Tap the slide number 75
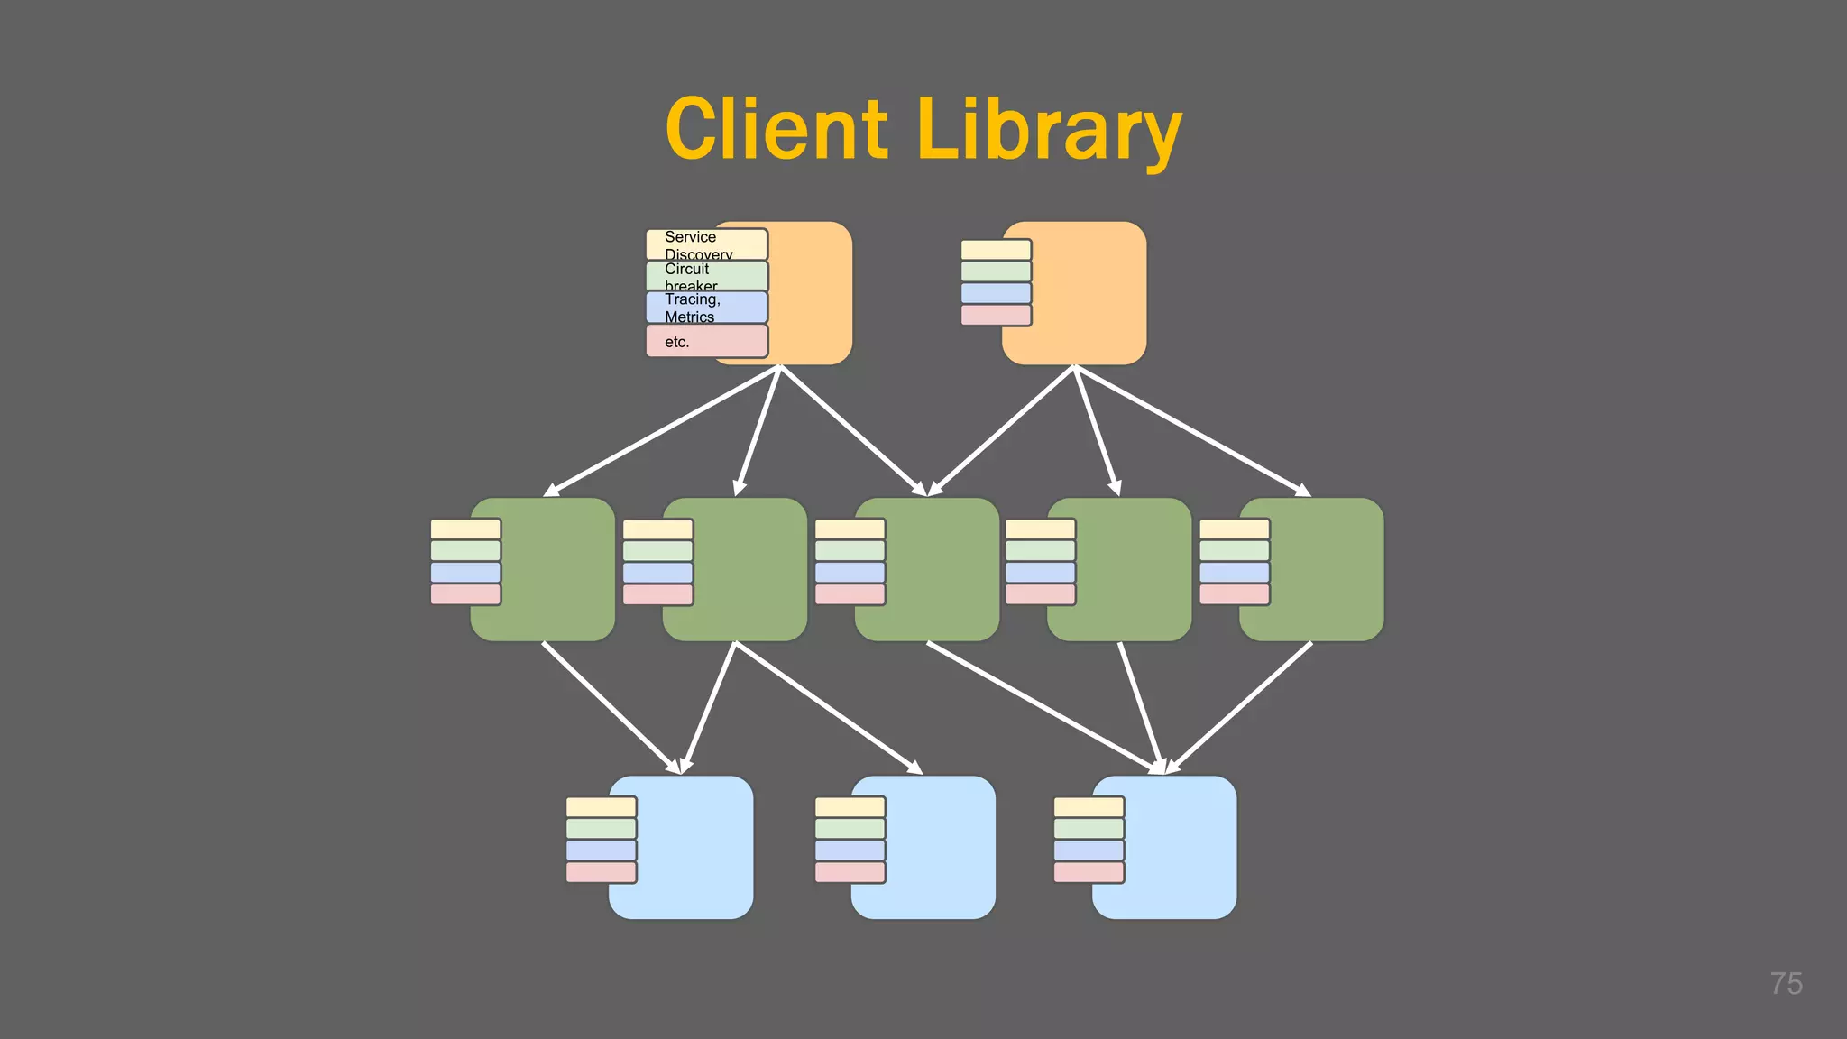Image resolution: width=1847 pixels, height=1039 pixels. pyautogui.click(x=1786, y=983)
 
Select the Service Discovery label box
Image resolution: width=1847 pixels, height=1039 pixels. pyautogui.click(x=706, y=244)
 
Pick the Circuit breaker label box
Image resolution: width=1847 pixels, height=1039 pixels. pyautogui.click(x=706, y=276)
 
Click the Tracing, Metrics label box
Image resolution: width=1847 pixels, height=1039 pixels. pyautogui.click(x=706, y=308)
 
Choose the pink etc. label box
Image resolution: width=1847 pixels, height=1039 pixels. pyautogui.click(x=706, y=341)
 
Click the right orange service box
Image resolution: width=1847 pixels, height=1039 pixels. pyautogui.click(x=1087, y=293)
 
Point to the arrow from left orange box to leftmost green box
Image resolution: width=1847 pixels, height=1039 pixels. pyautogui.click(x=663, y=430)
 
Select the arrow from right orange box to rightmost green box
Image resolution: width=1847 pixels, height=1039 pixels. pyautogui.click(x=1190, y=430)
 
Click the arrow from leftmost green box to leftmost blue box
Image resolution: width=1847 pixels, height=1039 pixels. pyautogui.click(x=611, y=707)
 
